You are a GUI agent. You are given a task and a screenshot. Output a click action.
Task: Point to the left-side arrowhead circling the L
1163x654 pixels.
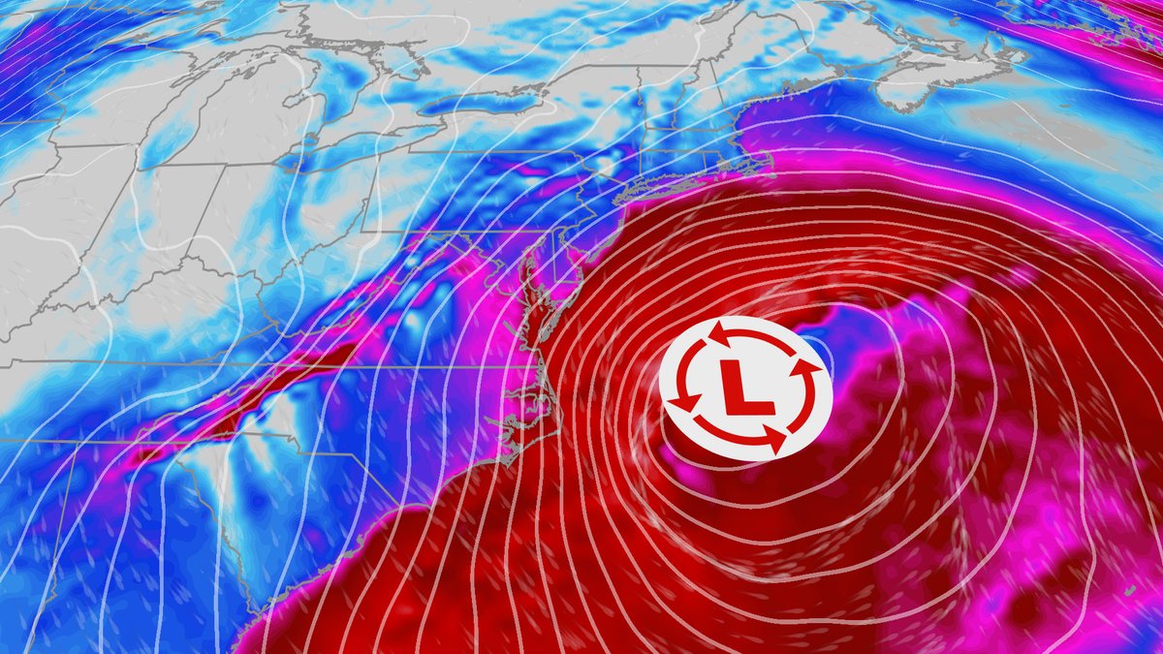(x=684, y=399)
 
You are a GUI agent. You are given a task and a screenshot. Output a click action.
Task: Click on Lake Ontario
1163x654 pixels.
(x=475, y=102)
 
